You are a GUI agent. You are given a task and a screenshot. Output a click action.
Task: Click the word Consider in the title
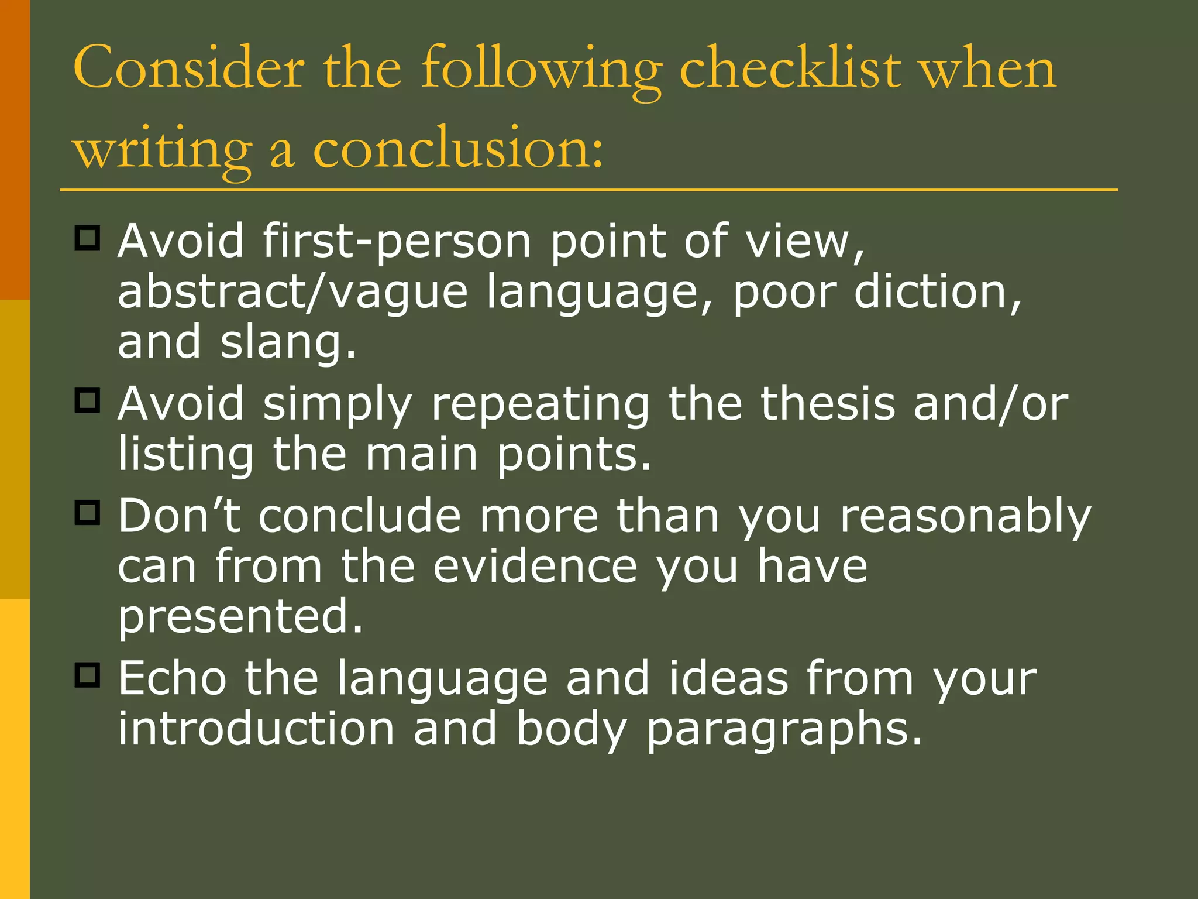click(188, 69)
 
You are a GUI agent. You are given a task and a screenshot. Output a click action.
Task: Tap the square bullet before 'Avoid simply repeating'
click(88, 401)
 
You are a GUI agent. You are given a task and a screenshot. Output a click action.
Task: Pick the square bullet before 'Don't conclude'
click(88, 513)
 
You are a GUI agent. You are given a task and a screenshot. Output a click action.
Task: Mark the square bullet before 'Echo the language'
click(88, 675)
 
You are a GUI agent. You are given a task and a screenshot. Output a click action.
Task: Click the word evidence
click(535, 567)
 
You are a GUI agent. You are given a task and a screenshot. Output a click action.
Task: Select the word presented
click(240, 617)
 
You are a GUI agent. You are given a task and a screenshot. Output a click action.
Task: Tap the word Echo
click(173, 678)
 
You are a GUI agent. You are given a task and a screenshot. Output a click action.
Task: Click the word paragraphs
click(784, 730)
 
